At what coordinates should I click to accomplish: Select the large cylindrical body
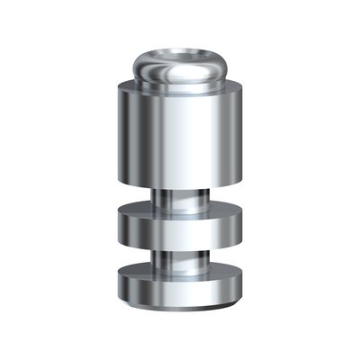coord(180,135)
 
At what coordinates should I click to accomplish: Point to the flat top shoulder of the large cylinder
coord(180,86)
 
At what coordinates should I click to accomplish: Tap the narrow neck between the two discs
coord(180,255)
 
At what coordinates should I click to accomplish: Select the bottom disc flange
coord(180,283)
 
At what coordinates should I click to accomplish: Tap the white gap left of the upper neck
coord(135,198)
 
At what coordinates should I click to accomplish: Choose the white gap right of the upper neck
coord(225,198)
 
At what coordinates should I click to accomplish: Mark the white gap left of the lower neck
coord(135,254)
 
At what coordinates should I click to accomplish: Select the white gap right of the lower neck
coord(225,254)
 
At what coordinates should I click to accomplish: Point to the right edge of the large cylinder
coord(241,135)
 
